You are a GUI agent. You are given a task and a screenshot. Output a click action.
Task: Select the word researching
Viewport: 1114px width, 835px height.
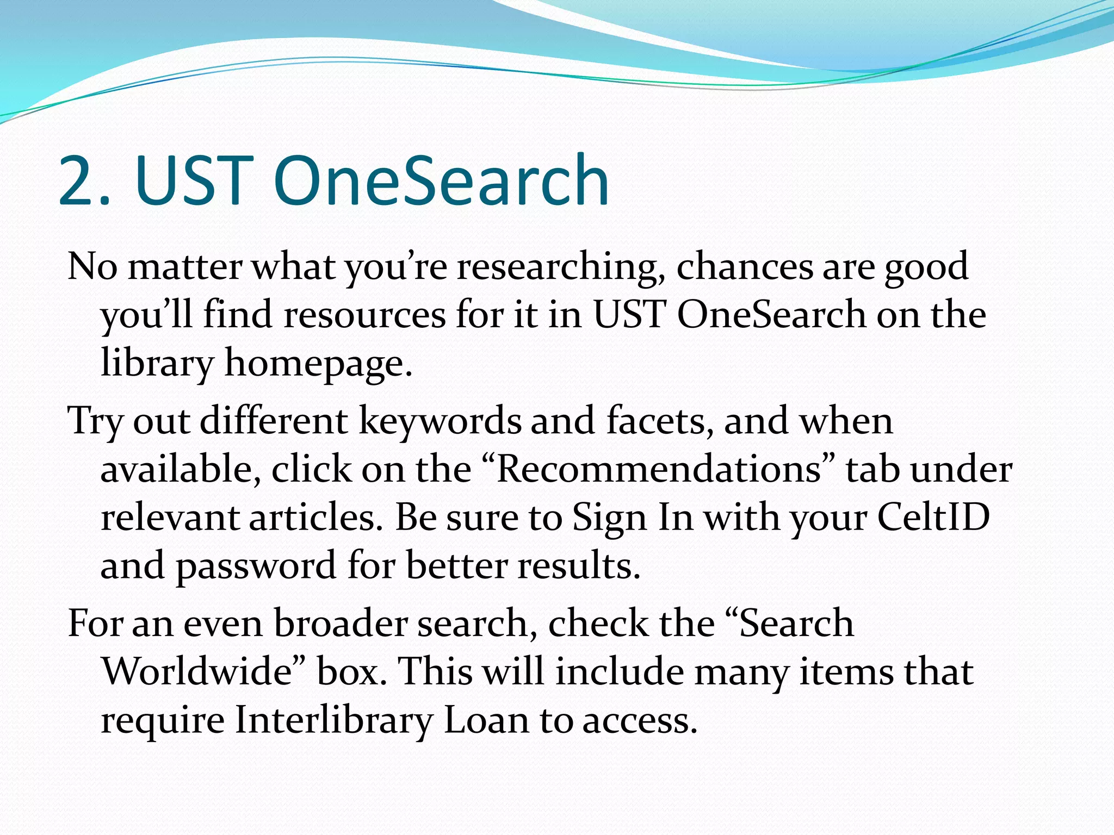557,267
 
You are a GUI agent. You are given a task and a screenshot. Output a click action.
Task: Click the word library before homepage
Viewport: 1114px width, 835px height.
157,363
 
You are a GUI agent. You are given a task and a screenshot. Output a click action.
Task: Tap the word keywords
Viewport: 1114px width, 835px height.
440,421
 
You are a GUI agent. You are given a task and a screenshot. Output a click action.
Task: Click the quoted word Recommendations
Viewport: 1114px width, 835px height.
659,469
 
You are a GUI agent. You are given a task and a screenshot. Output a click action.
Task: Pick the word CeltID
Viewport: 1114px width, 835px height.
933,517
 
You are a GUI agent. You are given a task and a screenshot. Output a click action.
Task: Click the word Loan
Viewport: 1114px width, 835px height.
486,720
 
